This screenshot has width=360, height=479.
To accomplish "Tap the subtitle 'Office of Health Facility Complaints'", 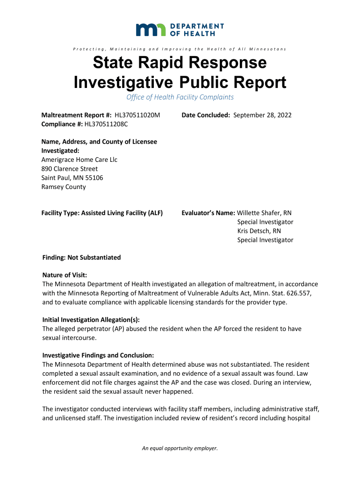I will click(x=180, y=97).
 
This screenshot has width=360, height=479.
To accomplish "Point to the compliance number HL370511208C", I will click(x=106, y=124).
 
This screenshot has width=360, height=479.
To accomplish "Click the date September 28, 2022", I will click(x=262, y=115).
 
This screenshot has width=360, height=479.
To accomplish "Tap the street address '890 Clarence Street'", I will click(x=70, y=168).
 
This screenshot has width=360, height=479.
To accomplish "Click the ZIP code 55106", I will click(x=94, y=178).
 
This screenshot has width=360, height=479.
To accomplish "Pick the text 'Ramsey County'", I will click(x=64, y=187).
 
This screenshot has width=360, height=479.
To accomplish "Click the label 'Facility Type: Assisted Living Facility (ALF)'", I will click(x=102, y=213).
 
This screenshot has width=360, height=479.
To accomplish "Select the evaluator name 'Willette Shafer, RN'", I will click(x=264, y=213).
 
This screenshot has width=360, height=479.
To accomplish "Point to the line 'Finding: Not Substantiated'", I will click(x=81, y=257).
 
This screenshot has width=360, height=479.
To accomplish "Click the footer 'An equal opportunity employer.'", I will click(x=180, y=448).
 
